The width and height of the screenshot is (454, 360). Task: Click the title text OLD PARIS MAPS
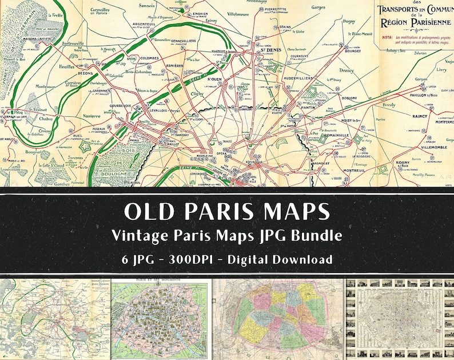point(227,211)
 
